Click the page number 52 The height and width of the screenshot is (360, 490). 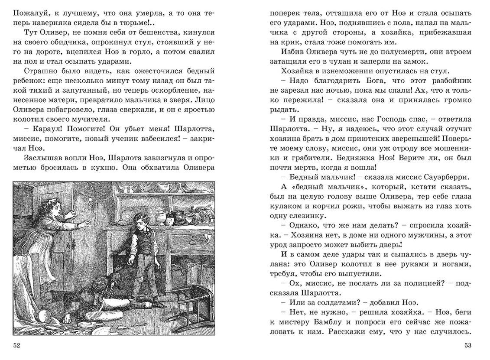[x=17, y=345]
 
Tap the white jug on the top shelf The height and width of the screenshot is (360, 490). [x=165, y=188]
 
